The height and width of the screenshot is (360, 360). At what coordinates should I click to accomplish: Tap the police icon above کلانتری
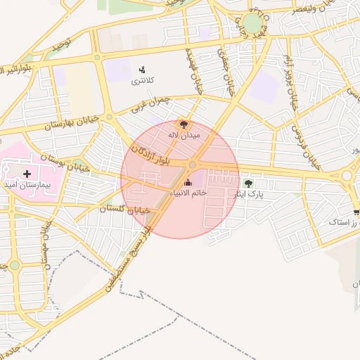click(142, 70)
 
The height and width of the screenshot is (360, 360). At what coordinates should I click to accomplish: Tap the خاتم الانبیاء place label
click(188, 193)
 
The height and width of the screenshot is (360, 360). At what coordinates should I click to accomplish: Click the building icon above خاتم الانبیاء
click(188, 183)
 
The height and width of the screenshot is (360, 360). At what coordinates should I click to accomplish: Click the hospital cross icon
click(27, 173)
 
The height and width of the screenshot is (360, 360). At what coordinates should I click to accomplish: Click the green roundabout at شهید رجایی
click(252, 23)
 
